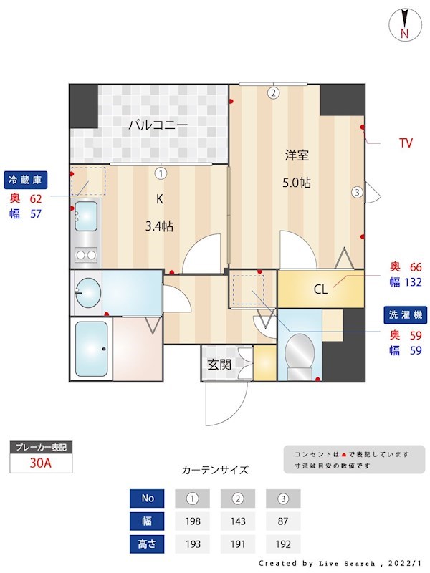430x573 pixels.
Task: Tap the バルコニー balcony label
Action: point(158,125)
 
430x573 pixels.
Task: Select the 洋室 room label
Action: point(296,155)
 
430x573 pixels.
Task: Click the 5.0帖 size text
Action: point(296,183)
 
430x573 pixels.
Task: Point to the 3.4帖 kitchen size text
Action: point(159,226)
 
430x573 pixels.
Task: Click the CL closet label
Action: point(320,289)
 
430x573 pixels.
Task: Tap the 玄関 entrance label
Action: point(219,364)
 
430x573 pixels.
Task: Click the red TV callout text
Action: point(406,143)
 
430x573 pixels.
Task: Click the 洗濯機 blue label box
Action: point(406,314)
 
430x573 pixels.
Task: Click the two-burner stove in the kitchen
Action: point(86,254)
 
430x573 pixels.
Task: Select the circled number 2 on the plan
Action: point(273,92)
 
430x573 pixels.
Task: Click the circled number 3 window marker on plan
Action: point(356,191)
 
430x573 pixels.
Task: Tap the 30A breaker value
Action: point(41,463)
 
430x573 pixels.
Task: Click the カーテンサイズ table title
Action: point(215,471)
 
